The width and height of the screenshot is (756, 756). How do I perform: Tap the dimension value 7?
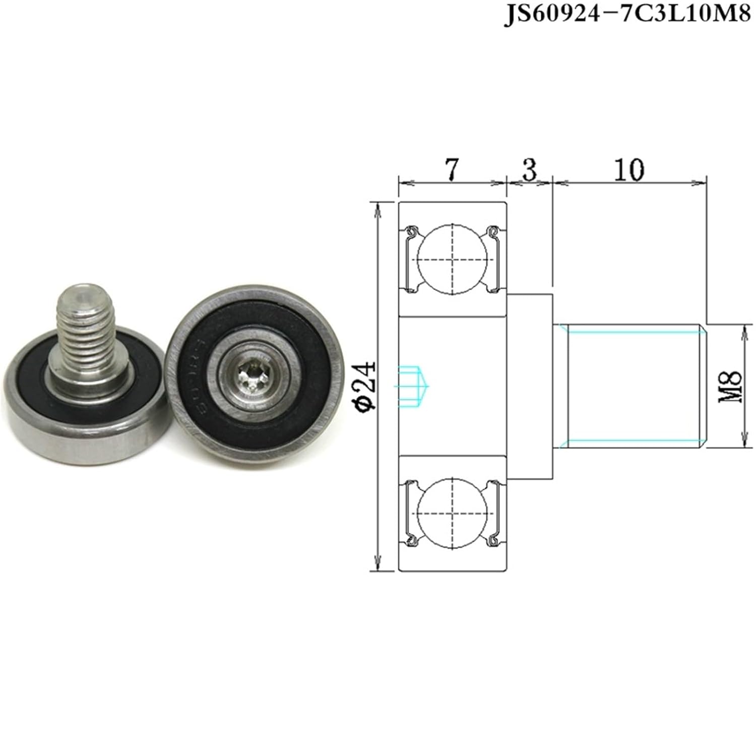pyautogui.click(x=452, y=169)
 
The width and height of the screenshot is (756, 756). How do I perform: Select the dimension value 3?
pyautogui.click(x=529, y=169)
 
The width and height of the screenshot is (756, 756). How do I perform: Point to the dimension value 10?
pyautogui.click(x=629, y=170)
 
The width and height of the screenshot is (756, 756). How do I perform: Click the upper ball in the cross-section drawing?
pyautogui.click(x=452, y=258)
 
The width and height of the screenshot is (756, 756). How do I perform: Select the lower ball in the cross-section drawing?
pyautogui.click(x=452, y=514)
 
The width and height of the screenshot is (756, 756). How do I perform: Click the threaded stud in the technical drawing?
pyautogui.click(x=630, y=386)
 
